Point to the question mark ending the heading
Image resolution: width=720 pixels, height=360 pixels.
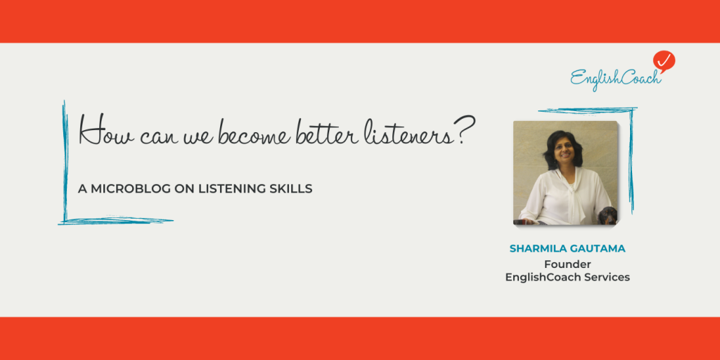(458, 131)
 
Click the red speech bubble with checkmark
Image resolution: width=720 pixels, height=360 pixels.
(663, 61)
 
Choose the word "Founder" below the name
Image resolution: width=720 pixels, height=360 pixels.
(567, 264)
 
